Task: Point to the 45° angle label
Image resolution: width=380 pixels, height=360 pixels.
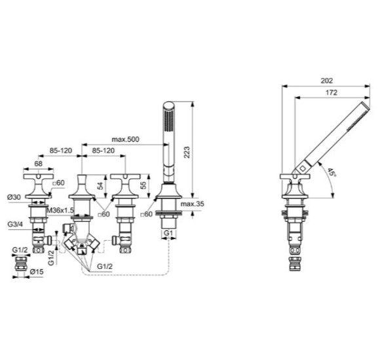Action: click(x=332, y=173)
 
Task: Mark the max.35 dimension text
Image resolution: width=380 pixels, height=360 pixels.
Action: click(x=192, y=204)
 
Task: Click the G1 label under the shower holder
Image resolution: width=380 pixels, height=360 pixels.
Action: click(x=168, y=232)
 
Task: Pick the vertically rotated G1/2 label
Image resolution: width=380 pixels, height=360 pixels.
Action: click(x=56, y=251)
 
